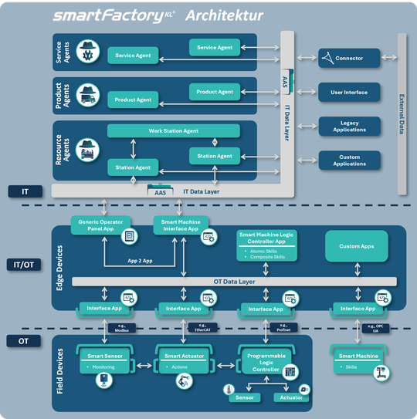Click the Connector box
click(349, 58)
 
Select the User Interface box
click(349, 92)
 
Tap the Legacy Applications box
click(349, 126)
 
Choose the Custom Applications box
click(349, 160)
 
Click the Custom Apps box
click(357, 246)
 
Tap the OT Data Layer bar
click(234, 282)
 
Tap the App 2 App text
click(140, 262)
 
